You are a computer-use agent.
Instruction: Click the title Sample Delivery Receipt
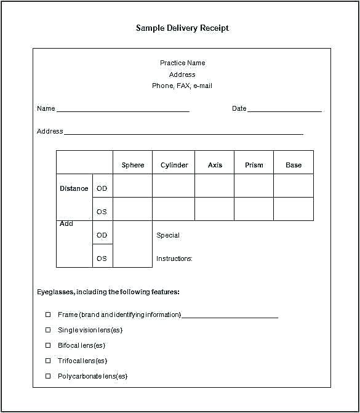click(182, 28)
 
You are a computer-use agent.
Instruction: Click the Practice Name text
click(182, 63)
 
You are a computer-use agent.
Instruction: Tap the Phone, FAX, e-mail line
click(182, 86)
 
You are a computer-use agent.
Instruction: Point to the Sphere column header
click(133, 165)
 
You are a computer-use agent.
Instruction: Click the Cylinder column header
click(174, 165)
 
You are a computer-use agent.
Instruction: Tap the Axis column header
click(215, 165)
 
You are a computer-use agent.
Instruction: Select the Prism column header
click(254, 165)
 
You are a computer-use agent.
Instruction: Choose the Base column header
click(294, 165)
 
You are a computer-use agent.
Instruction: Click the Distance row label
click(74, 188)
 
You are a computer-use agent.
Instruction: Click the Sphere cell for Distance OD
click(133, 186)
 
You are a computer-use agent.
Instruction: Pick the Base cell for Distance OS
click(294, 209)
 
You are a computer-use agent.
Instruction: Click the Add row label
click(66, 224)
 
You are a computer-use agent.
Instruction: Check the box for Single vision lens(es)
click(48, 330)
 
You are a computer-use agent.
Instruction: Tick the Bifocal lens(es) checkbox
click(48, 345)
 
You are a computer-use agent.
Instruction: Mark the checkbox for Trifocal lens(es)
click(48, 361)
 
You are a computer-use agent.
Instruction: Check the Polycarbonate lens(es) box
click(48, 376)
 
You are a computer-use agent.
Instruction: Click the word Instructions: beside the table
click(174, 259)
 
